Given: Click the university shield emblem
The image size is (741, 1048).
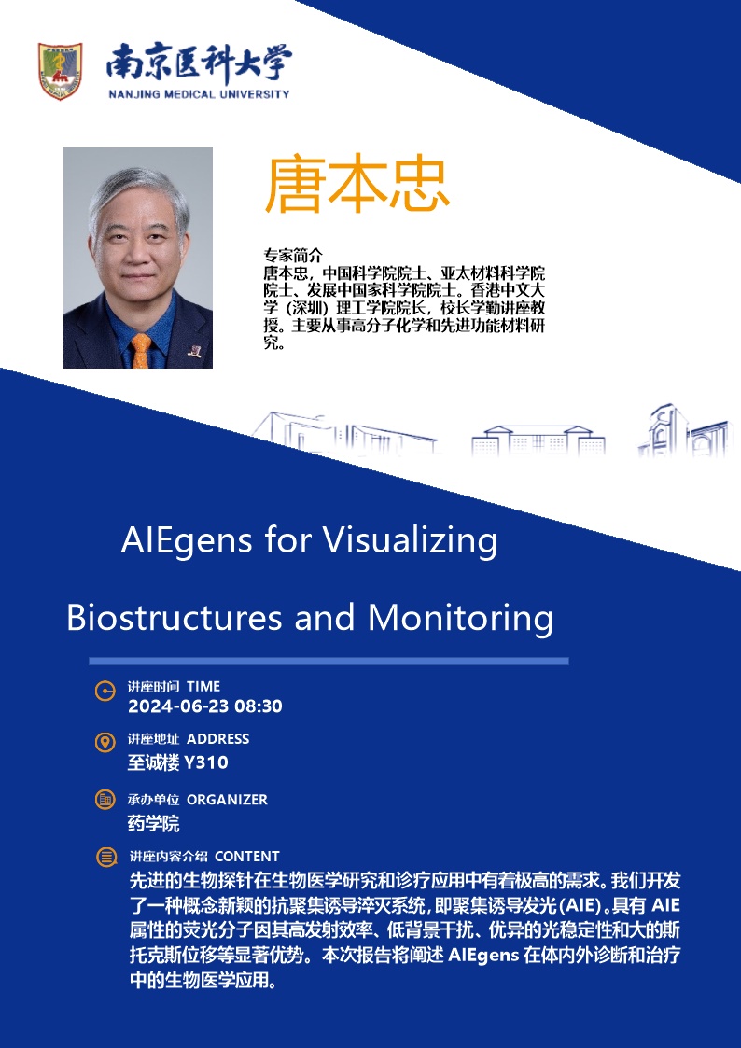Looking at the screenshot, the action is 60,71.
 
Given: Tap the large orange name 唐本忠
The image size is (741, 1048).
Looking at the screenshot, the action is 357,186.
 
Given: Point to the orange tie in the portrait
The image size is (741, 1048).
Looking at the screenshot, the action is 141,351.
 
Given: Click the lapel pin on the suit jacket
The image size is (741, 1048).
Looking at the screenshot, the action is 194,350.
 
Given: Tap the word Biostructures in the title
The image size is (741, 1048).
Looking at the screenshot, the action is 174,618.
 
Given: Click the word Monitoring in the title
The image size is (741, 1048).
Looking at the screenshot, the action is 460,619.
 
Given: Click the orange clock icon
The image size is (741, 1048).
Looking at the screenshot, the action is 105,692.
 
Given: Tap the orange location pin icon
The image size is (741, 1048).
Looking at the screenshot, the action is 105,743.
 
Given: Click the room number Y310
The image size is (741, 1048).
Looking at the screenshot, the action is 206,762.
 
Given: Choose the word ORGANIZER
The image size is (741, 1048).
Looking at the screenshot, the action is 227,800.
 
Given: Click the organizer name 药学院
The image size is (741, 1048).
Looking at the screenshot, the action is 154,823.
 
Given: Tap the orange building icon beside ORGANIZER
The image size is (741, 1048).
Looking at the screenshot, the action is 105,800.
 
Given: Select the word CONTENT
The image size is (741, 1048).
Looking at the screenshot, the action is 247,857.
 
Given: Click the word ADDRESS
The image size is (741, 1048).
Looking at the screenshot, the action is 217,739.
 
